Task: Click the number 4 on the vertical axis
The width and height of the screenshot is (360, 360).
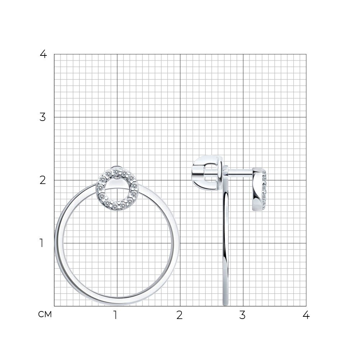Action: pyautogui.click(x=43, y=54)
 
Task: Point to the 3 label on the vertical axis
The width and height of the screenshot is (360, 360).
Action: pyautogui.click(x=43, y=117)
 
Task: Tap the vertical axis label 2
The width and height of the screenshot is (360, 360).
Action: pyautogui.click(x=43, y=180)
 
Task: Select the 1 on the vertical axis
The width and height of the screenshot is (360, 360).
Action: pyautogui.click(x=41, y=243)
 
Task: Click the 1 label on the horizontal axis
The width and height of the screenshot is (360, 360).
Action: pyautogui.click(x=115, y=315)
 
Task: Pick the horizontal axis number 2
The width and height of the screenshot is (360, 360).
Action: pyautogui.click(x=180, y=315)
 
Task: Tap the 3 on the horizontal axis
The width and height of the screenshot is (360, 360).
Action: pyautogui.click(x=242, y=315)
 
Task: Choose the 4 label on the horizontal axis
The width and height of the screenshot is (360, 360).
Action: pyautogui.click(x=306, y=315)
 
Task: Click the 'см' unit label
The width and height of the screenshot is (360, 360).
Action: pyautogui.click(x=45, y=314)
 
